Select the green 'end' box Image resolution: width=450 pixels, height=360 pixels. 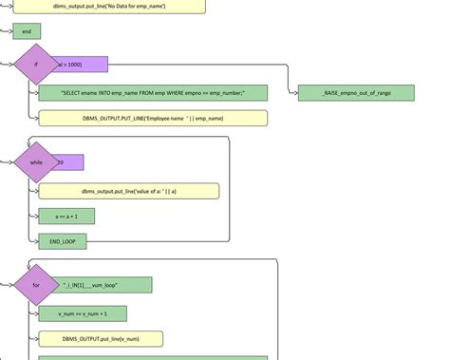click(27, 31)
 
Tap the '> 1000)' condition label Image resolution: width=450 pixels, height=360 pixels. click(84, 65)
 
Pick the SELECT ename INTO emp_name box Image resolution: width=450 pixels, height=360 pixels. click(153, 92)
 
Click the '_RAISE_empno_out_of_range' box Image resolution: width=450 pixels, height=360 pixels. click(356, 92)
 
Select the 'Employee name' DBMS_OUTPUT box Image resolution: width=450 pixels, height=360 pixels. click(153, 118)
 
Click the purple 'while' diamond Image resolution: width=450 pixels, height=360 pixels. click(36, 162)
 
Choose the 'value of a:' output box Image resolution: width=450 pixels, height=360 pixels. click(128, 191)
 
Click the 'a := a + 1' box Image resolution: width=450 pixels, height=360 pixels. click(66, 217)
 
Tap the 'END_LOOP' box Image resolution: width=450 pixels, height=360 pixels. click(63, 242)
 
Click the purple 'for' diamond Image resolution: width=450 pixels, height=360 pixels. click(36, 285)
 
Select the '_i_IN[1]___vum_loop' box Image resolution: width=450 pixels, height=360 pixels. click(104, 285)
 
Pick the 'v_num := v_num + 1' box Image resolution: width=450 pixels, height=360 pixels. click(83, 313)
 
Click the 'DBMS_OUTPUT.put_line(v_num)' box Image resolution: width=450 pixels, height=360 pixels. click(101, 339)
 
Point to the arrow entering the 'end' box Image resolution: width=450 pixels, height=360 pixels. click(9, 31)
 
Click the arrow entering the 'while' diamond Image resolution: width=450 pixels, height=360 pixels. click(9, 162)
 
